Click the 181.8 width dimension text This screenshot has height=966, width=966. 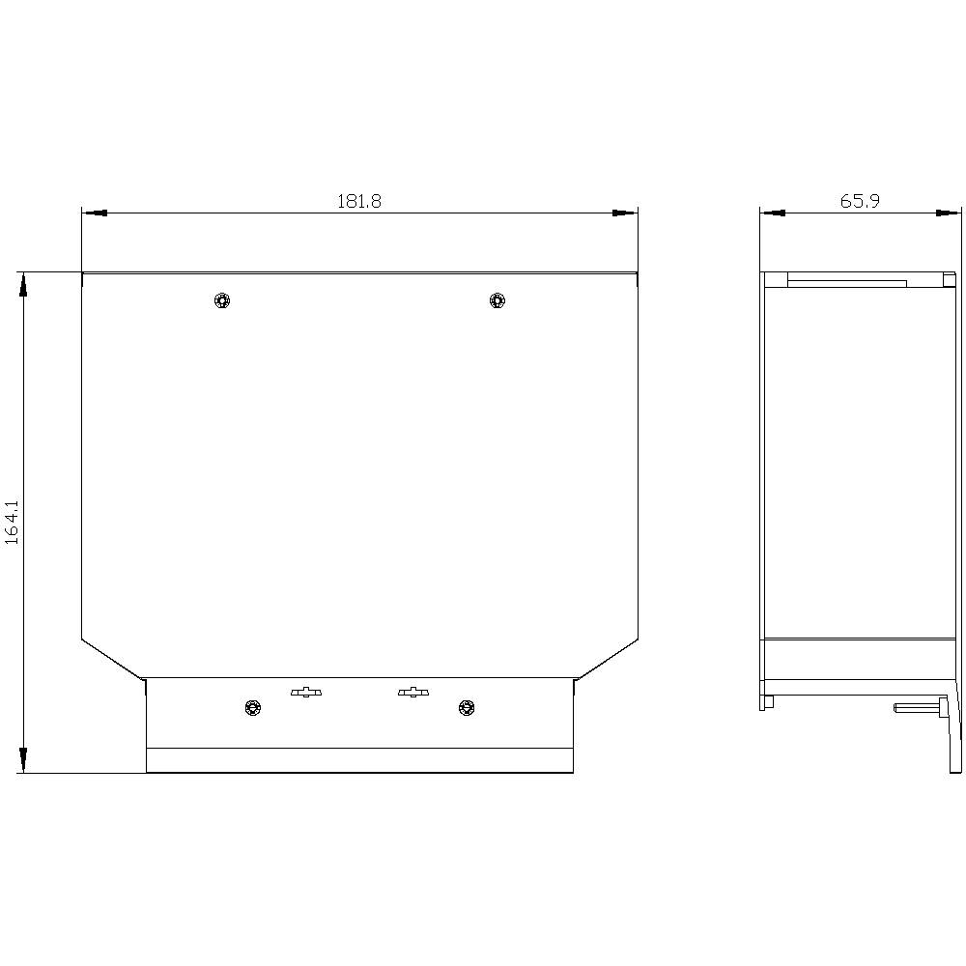coord(358,201)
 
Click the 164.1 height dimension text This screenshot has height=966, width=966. coord(13,523)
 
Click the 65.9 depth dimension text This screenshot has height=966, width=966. coord(860,201)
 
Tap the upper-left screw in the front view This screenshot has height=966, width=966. coord(223,300)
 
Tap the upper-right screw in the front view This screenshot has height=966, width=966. coord(497,300)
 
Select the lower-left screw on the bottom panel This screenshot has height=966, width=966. coord(253,708)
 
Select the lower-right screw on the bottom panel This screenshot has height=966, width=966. coord(467,708)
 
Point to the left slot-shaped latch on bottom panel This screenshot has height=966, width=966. coord(307,692)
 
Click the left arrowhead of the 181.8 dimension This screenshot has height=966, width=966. coord(93,213)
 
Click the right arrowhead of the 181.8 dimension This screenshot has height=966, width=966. coord(627,213)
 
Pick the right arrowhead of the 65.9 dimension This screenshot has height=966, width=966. coord(950,213)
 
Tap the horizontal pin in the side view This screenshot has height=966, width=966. coord(918,707)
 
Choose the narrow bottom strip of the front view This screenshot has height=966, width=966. coord(358,760)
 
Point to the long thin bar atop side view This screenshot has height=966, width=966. coord(846,283)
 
